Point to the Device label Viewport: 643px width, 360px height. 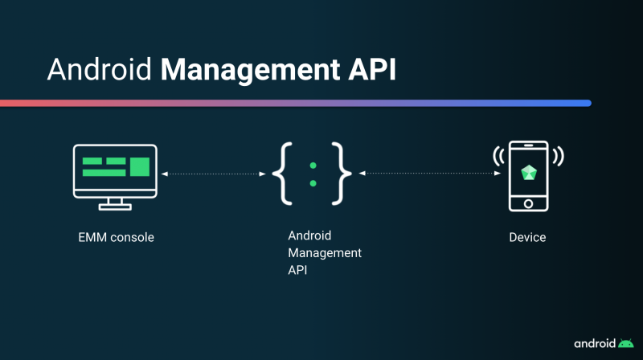coord(527,237)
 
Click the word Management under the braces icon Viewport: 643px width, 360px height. coord(325,253)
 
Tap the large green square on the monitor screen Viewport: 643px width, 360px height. coord(140,167)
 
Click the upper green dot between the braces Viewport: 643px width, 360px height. coord(313,165)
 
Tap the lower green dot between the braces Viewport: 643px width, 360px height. coord(313,183)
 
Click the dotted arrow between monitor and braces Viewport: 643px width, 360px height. coord(214,174)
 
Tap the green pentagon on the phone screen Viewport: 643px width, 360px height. coord(528,173)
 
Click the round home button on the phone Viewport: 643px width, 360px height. coord(528,203)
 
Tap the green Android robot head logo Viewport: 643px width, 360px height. coord(626,342)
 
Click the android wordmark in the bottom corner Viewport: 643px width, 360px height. coord(595,342)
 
